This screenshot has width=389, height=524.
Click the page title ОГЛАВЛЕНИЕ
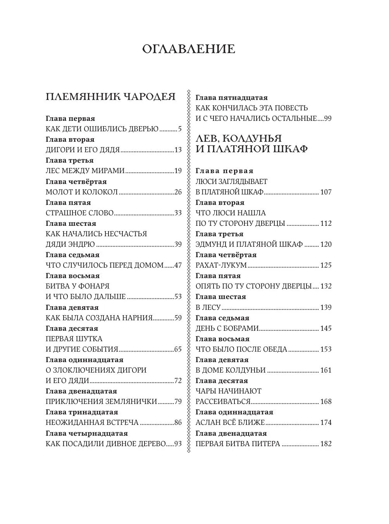click(x=189, y=49)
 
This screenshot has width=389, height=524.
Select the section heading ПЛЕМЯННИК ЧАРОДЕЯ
click(x=110, y=97)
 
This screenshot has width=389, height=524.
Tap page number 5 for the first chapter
click(x=180, y=129)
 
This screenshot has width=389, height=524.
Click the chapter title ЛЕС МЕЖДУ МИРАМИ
click(x=85, y=171)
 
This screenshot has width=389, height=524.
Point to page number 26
click(x=178, y=192)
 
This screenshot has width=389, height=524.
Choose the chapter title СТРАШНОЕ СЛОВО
click(x=79, y=213)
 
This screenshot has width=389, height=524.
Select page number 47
click(x=178, y=265)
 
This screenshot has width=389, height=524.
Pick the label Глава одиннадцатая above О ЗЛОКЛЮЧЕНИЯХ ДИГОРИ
click(x=84, y=360)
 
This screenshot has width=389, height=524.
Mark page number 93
click(x=178, y=444)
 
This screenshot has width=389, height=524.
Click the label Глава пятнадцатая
click(x=231, y=98)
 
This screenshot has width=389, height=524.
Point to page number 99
click(x=328, y=119)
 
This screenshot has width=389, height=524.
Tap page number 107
click(x=326, y=192)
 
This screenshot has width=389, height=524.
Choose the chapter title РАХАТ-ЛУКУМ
click(x=221, y=265)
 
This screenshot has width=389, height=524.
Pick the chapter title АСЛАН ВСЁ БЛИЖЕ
click(x=230, y=423)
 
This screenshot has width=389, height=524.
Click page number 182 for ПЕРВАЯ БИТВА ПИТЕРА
click(x=326, y=444)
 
